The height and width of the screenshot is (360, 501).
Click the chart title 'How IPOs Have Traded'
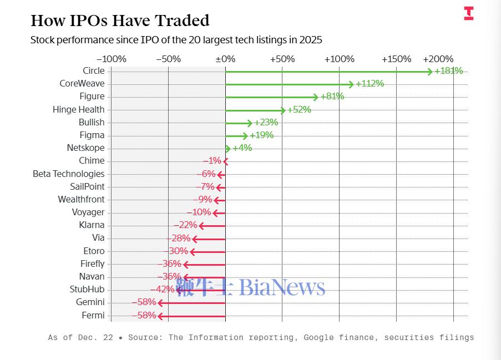click(120, 21)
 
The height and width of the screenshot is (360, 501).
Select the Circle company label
click(93, 70)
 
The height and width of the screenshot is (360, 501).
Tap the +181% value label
click(448, 70)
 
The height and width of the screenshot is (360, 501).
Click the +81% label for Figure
click(332, 97)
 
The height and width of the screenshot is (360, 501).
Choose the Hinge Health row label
click(78, 109)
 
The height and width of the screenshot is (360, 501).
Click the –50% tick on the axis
click(168, 59)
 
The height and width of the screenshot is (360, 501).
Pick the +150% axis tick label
click(397, 59)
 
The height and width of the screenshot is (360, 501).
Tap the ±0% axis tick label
click(225, 59)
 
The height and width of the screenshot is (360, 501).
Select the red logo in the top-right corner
click(469, 13)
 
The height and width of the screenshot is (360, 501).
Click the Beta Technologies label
click(68, 174)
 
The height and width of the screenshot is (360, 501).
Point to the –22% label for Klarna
click(185, 225)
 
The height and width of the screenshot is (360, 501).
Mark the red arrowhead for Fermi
click(160, 316)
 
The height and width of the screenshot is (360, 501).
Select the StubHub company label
click(87, 289)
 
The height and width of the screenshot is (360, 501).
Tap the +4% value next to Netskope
click(242, 148)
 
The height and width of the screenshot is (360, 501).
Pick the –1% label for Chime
click(212, 161)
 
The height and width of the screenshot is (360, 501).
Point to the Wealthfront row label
click(81, 199)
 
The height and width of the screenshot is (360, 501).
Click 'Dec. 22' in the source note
click(95, 337)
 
